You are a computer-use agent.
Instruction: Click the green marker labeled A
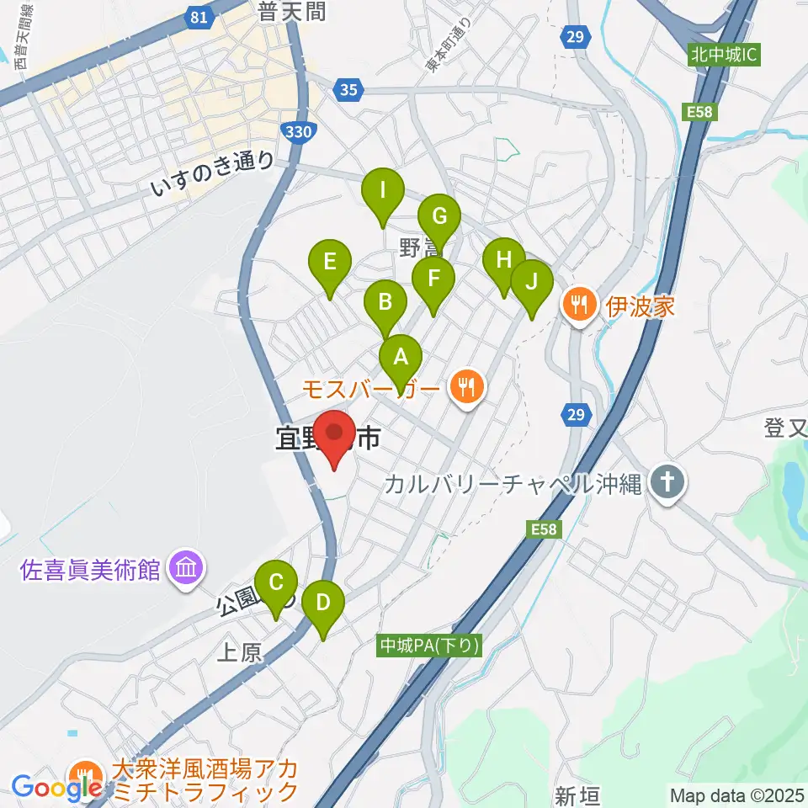(401, 356)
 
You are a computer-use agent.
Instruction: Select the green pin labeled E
(330, 261)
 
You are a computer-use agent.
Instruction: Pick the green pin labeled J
(531, 281)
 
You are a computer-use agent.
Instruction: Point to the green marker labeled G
(439, 216)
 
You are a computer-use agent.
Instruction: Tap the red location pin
(335, 434)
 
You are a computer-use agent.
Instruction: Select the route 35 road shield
(348, 88)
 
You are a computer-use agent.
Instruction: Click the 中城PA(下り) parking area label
(428, 646)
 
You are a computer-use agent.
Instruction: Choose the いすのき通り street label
(213, 173)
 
